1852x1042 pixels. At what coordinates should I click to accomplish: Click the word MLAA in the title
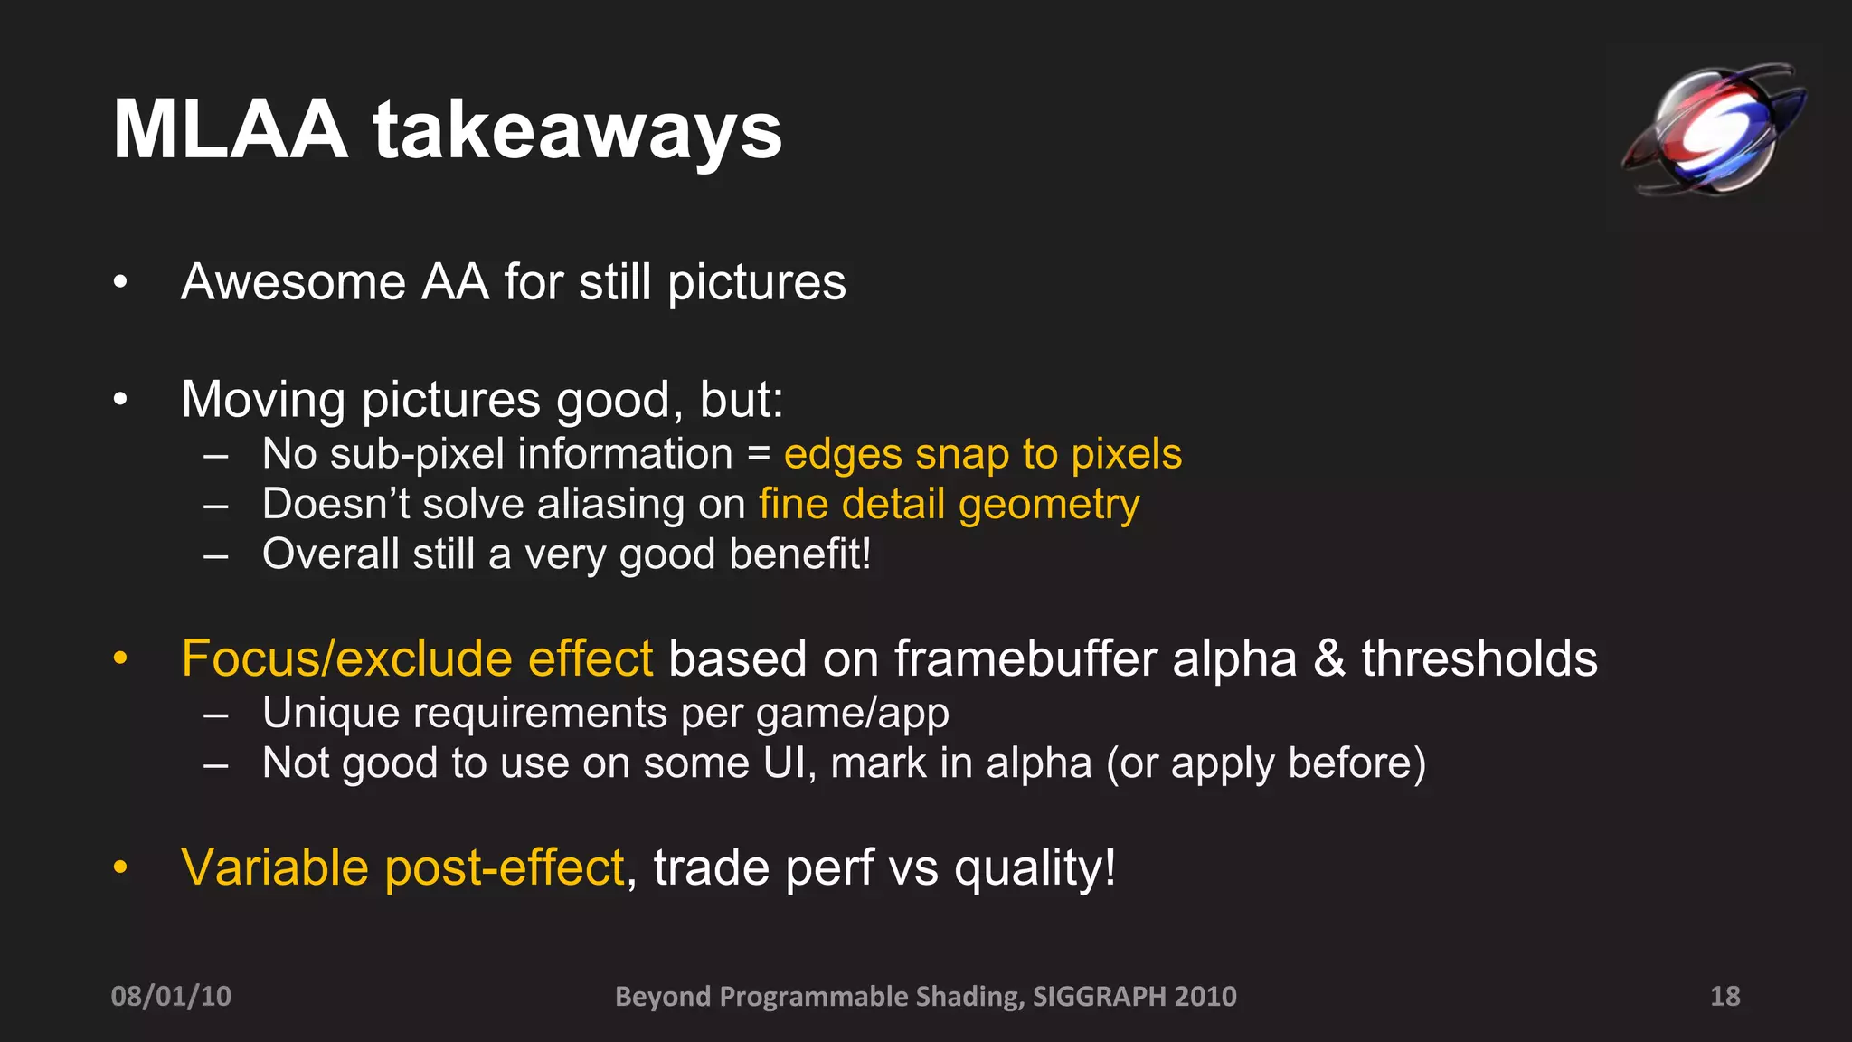[231, 130]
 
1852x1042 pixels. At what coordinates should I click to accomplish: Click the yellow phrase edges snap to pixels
[983, 453]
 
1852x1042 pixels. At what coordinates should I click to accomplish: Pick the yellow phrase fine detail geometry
[950, 504]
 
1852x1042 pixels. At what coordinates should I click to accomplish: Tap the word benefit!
[800, 554]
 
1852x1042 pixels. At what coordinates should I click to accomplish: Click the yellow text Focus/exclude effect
[417, 658]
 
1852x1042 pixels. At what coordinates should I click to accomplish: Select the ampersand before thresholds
[1329, 658]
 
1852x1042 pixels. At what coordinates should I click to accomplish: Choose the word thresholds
[1479, 658]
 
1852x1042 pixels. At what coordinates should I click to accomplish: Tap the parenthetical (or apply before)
[1266, 763]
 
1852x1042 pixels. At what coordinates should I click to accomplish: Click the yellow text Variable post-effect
[403, 867]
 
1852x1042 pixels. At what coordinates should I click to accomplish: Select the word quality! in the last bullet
[1035, 867]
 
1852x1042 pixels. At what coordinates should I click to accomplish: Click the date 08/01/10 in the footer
[171, 996]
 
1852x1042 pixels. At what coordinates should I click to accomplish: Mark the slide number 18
[1724, 996]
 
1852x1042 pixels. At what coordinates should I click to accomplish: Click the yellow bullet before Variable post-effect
[120, 867]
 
